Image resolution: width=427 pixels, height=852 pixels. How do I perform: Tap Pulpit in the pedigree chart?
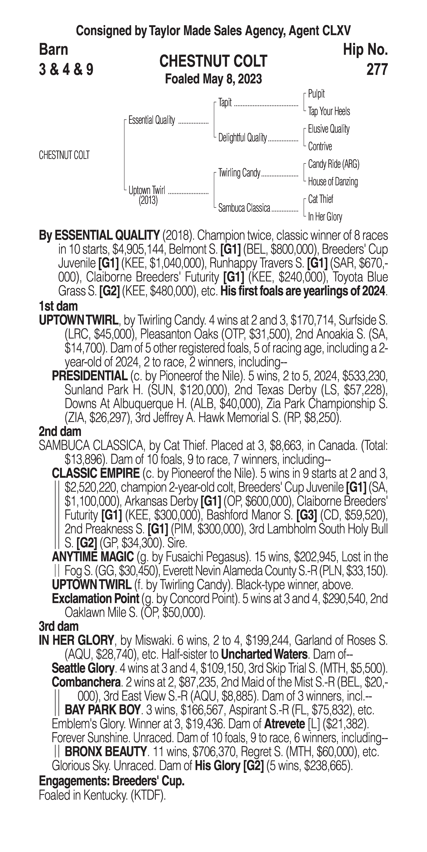pos(316,94)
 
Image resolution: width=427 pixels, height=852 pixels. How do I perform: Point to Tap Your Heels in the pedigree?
pos(329,111)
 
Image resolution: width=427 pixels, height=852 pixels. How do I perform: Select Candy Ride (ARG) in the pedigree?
pos(333,164)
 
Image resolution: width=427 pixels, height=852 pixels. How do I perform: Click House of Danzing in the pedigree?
pos(333,182)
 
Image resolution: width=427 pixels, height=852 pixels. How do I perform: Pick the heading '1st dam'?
pos(58,306)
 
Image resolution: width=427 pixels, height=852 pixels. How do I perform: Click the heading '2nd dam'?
pos(60,431)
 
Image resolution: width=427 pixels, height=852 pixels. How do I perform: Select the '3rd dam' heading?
pos(59,626)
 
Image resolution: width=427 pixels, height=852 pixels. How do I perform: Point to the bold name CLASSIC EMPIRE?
pos(96,473)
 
